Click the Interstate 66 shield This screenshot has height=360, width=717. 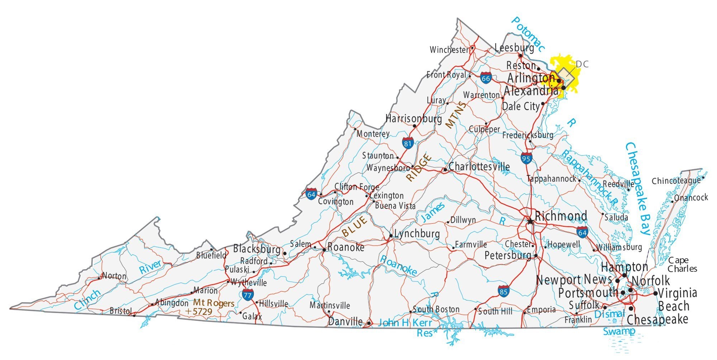coord(486,78)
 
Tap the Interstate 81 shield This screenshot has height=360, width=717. coord(408,143)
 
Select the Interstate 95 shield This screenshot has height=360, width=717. coord(526,158)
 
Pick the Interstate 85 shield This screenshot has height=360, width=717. coord(503,291)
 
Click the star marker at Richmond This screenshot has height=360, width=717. coord(530,221)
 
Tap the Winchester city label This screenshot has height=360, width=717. coord(449,49)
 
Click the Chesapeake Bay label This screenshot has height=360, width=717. coord(638,188)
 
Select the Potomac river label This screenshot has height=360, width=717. coord(528,34)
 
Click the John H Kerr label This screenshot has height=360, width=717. coord(405,322)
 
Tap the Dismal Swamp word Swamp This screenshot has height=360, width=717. coord(619,331)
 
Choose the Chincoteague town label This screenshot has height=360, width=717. coord(676,181)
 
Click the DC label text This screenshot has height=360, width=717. coord(582,64)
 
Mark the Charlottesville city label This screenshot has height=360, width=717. coord(479,166)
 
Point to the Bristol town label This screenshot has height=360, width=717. coord(121,311)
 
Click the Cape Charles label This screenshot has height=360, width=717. coord(682,264)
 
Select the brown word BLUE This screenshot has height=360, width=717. coord(355,226)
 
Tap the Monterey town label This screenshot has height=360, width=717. coord(373,134)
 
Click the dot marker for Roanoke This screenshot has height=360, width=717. coord(324,250)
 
